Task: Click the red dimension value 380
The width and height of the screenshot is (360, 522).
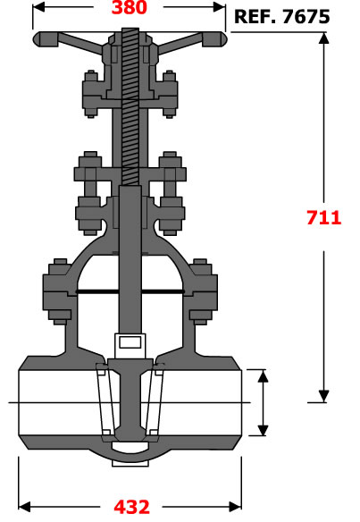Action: coord(130,7)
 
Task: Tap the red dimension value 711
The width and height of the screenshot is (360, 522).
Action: coord(323,218)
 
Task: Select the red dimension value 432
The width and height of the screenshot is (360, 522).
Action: coord(131,507)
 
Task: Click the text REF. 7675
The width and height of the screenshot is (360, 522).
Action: coord(282,17)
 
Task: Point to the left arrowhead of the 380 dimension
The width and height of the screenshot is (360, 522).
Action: coord(38,7)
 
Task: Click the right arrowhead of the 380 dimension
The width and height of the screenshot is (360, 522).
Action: coord(219,7)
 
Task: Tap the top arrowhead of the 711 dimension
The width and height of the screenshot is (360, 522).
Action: coord(323,38)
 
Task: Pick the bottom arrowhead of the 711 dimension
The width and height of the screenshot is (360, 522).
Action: coord(323,396)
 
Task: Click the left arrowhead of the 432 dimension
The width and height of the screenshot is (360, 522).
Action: coord(24,507)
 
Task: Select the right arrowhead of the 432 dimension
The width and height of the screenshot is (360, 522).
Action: coord(236,507)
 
